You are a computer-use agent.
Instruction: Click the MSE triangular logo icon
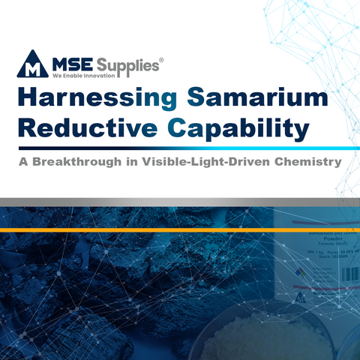(33, 65)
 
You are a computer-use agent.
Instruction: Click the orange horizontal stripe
(180, 228)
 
